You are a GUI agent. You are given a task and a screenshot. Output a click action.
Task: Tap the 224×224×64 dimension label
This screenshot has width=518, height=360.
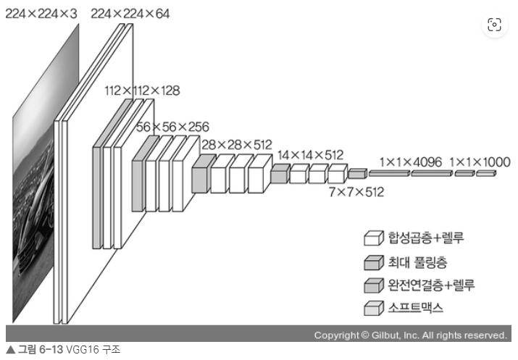(x=131, y=14)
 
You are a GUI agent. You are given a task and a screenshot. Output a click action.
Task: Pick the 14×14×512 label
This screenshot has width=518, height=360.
(x=310, y=154)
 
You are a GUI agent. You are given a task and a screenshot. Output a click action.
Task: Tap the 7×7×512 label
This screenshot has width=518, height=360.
(x=356, y=192)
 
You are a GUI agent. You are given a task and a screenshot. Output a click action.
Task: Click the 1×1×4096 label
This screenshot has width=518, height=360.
(x=410, y=162)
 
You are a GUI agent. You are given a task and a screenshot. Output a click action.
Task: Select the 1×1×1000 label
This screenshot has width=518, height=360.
(x=480, y=162)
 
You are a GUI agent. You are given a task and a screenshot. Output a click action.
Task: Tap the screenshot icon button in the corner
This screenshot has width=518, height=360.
(x=495, y=25)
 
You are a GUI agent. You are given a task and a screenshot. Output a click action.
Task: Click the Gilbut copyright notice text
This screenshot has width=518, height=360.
(x=410, y=335)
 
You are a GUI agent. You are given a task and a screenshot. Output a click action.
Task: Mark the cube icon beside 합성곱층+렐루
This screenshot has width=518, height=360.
(x=372, y=238)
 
